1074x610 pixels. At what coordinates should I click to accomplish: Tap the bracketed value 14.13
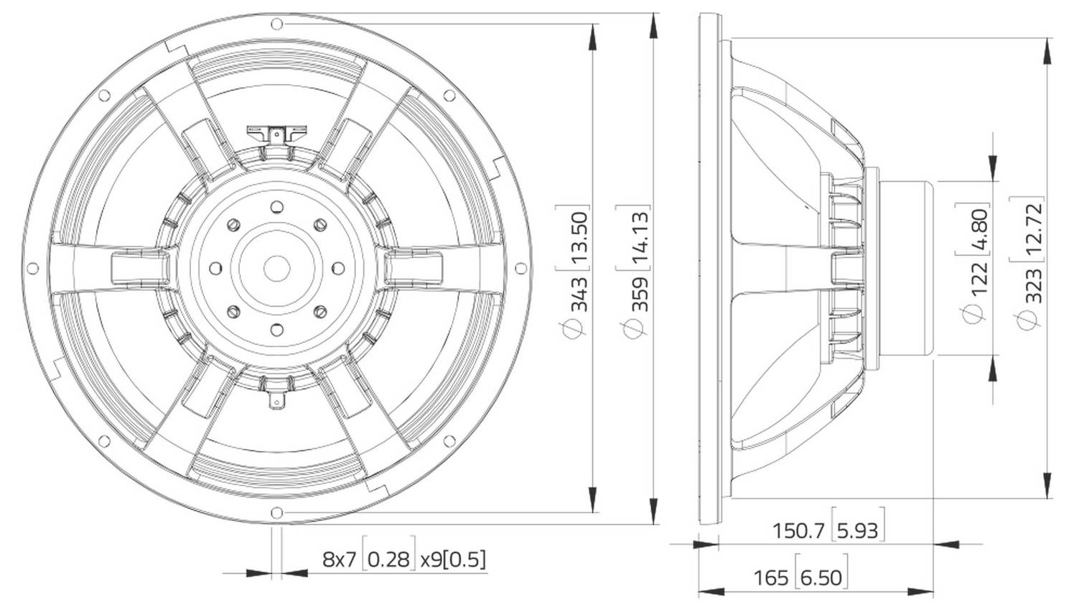(x=638, y=231)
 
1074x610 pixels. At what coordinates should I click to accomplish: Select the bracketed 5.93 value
(x=857, y=531)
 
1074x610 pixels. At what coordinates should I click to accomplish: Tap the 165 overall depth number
(x=771, y=577)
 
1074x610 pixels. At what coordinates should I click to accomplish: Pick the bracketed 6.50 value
(x=821, y=577)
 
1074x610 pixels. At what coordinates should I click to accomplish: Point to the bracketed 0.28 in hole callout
(x=391, y=558)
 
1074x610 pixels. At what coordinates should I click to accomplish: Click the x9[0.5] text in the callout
(x=452, y=558)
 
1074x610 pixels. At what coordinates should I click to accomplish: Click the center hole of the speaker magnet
(x=276, y=268)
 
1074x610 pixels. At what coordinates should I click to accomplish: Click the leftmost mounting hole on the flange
(x=32, y=268)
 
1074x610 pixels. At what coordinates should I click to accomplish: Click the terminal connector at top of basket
(x=276, y=133)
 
